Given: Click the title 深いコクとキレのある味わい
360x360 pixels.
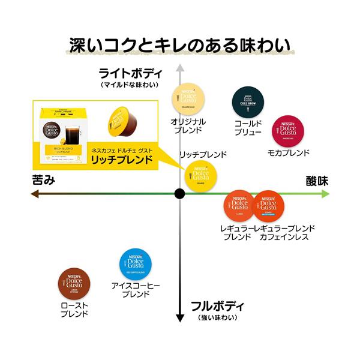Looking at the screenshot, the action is pyautogui.click(x=180, y=45).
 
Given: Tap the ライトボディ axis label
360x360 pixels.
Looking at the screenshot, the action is pyautogui.click(x=130, y=73).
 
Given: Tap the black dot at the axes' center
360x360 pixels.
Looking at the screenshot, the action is pyautogui.click(x=179, y=193).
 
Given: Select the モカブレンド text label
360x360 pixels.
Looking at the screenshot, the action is pyautogui.click(x=289, y=153).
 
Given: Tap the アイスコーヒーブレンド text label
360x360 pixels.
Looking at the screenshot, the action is pyautogui.click(x=136, y=290).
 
